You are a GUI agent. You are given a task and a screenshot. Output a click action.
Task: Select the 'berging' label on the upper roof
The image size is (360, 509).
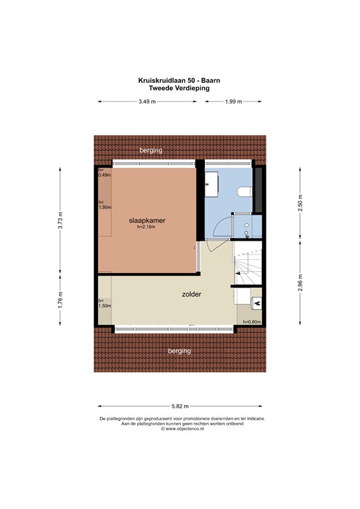click(x=150, y=151)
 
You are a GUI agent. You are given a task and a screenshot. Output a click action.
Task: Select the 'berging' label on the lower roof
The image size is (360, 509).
click(x=179, y=351)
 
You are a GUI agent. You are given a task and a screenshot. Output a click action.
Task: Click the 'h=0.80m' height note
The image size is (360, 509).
click(x=253, y=322)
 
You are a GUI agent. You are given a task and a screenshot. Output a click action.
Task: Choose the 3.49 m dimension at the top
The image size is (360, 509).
click(x=147, y=101)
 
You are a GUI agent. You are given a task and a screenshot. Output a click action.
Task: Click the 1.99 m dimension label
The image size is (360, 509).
click(x=233, y=101)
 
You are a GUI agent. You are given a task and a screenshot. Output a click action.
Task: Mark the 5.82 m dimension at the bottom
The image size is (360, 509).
click(x=180, y=406)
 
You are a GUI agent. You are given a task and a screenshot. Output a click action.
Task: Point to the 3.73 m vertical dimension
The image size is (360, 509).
click(x=61, y=219)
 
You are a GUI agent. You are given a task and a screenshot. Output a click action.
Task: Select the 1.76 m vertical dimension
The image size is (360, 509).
click(x=61, y=301)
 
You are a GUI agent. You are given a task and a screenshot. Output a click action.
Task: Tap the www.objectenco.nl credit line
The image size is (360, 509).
click(x=180, y=429)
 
